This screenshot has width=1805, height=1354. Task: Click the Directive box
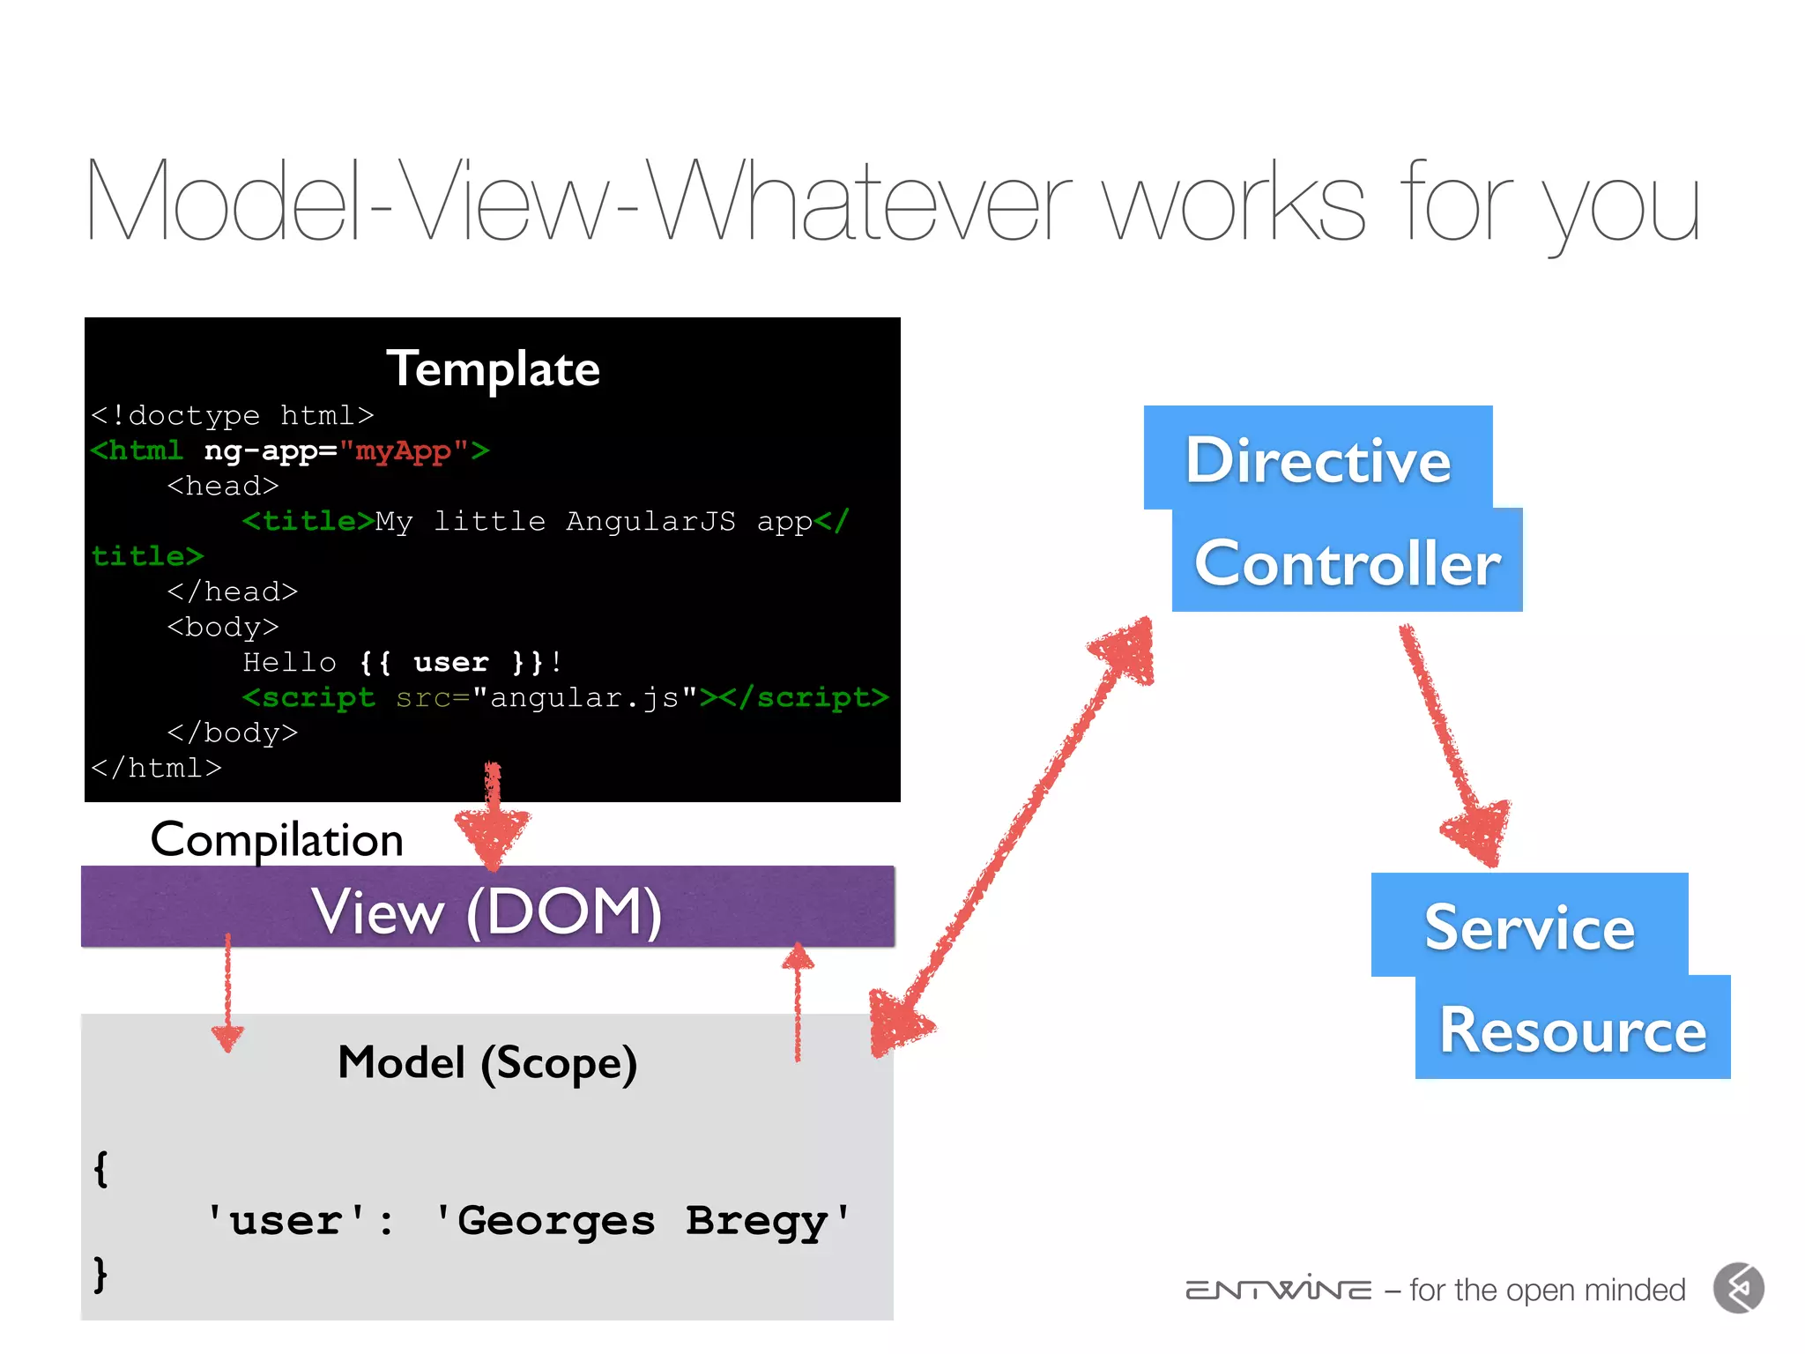click(x=1318, y=458)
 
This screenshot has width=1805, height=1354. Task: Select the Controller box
click(x=1347, y=562)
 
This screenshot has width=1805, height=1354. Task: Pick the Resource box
click(x=1572, y=1029)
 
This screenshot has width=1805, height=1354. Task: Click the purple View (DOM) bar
click(x=487, y=908)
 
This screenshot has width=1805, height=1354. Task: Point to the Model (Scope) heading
click(x=487, y=1062)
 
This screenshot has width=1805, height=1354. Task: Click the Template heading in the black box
click(x=493, y=368)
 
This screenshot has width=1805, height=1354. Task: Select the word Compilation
click(x=277, y=839)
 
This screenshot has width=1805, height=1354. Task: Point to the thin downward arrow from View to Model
click(x=227, y=992)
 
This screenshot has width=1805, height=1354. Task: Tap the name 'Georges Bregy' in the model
click(x=643, y=1221)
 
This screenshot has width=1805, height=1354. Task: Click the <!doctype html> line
click(x=233, y=415)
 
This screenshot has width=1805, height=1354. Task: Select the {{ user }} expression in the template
click(x=450, y=662)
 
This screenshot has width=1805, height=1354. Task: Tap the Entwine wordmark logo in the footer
click(x=1278, y=1290)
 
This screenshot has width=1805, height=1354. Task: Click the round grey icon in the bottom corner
click(x=1739, y=1289)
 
